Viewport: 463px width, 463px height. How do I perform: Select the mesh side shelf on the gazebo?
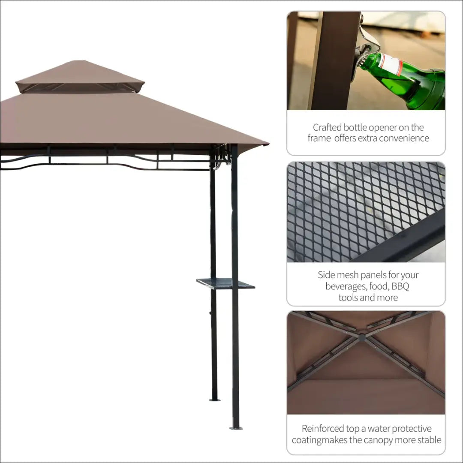point(225,283)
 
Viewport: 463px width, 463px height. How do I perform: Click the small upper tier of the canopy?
point(80,76)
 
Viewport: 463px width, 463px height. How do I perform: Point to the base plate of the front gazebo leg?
point(236,428)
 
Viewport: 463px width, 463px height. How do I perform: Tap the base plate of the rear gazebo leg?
point(215,400)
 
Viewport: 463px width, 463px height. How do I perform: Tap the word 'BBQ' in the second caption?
point(400,286)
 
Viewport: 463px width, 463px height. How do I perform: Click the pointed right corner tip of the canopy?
point(269,144)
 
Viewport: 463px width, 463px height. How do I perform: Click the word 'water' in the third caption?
point(377,429)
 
